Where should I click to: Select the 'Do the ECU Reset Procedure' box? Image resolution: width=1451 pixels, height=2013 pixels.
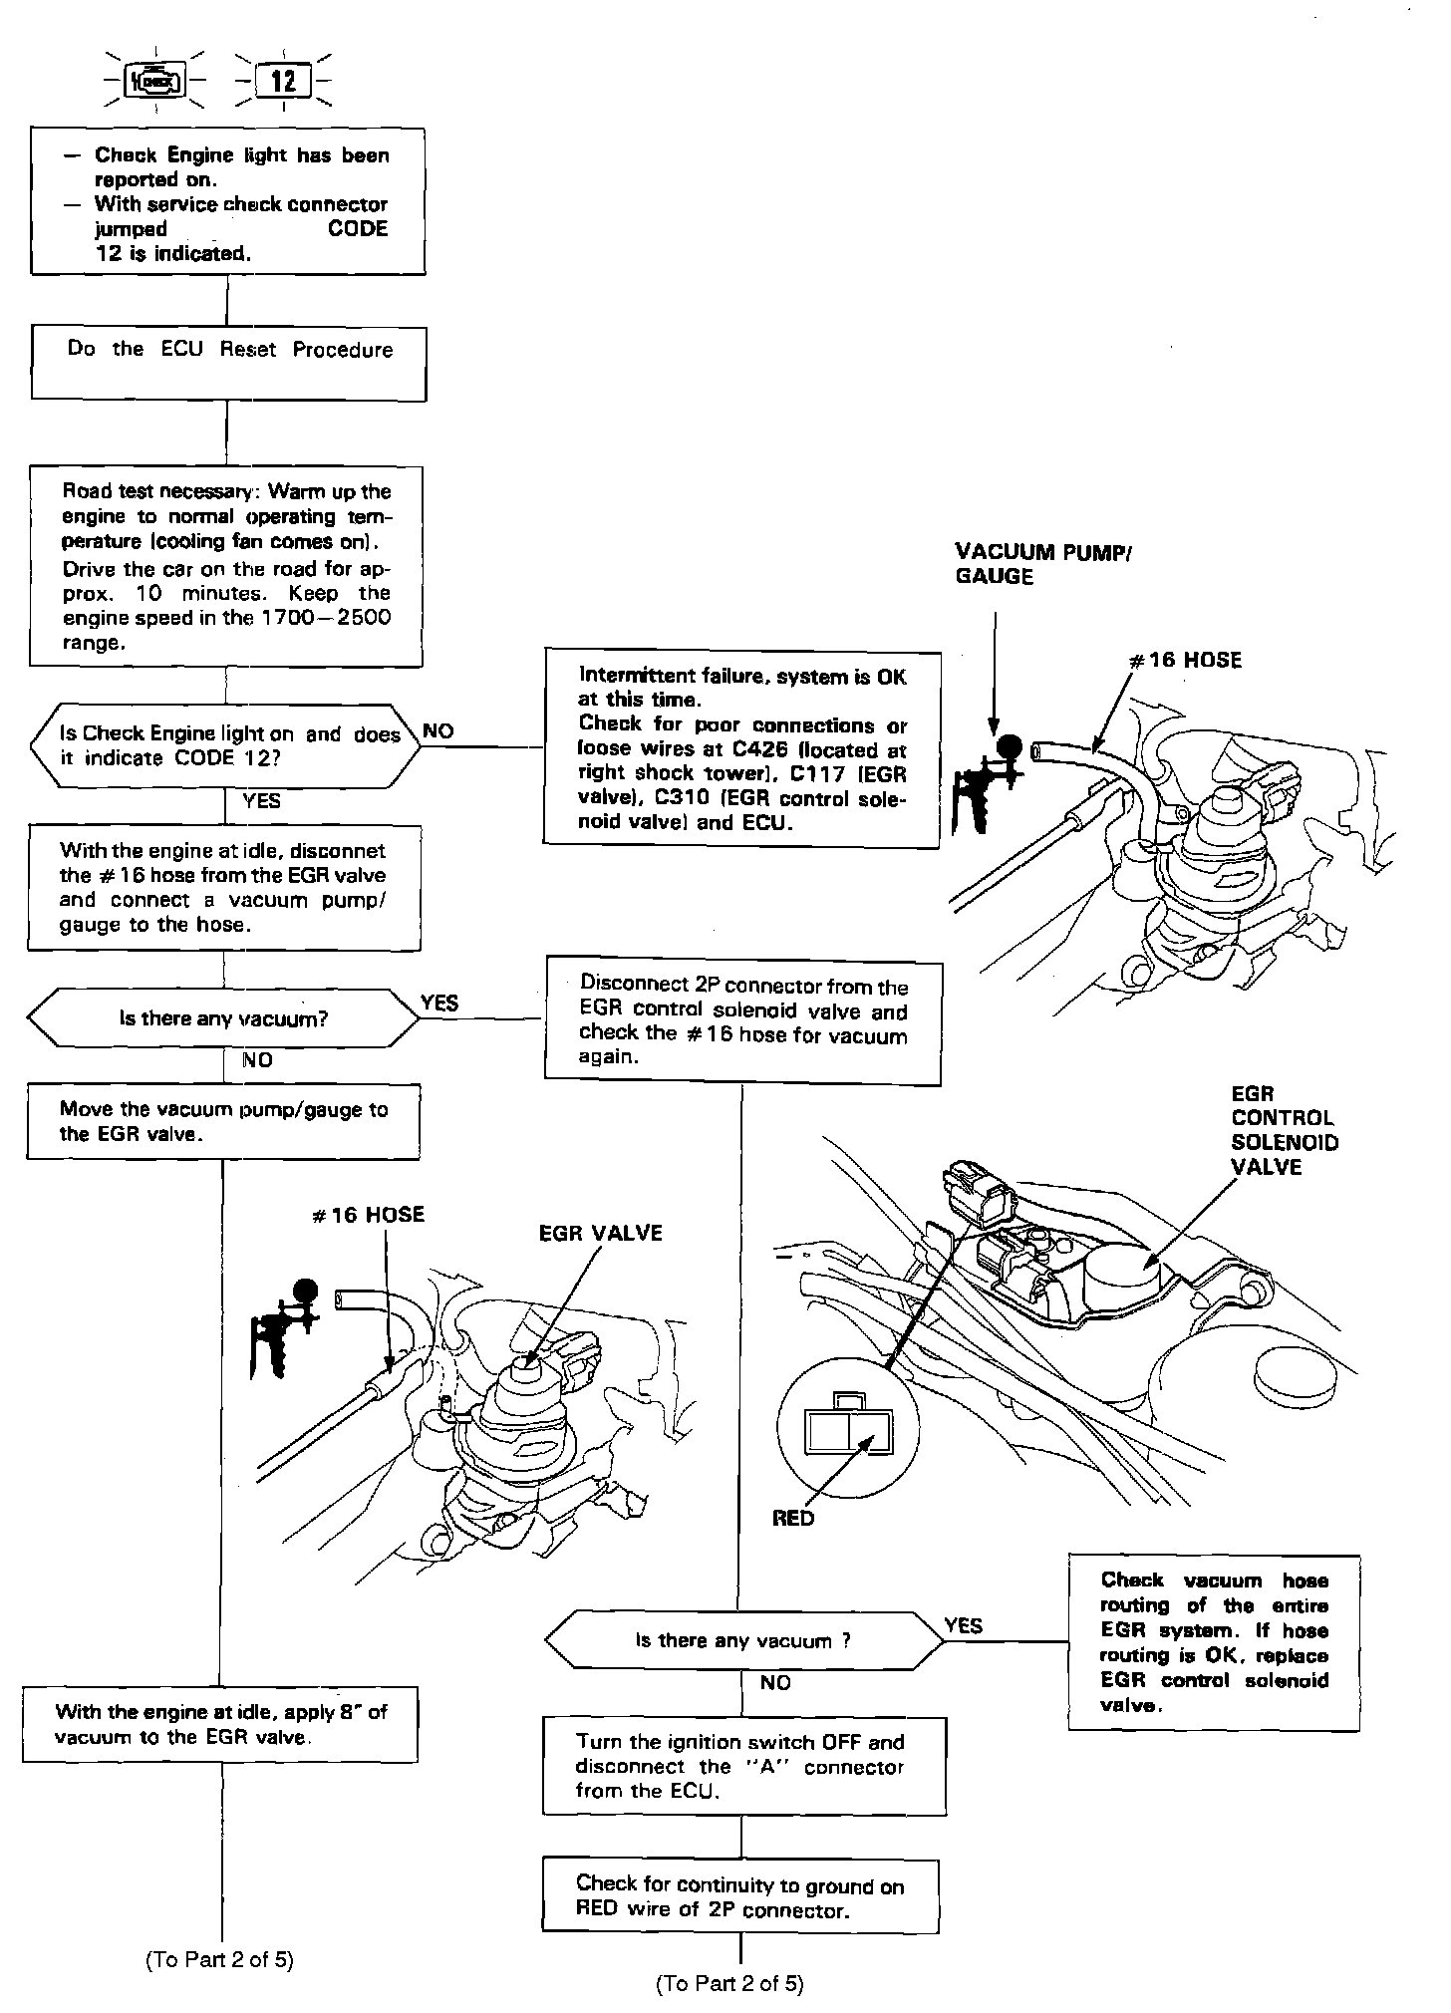tap(228, 364)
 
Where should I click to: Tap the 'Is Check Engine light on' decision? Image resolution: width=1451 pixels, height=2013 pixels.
tap(227, 746)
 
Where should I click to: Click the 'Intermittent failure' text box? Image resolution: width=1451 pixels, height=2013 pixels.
tap(741, 748)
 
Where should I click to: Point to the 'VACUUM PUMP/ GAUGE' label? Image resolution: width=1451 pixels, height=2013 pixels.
tap(1043, 564)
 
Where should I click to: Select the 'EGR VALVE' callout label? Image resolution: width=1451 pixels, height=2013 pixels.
tap(600, 1234)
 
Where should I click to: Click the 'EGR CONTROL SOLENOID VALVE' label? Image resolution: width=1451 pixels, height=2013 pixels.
tap(1284, 1130)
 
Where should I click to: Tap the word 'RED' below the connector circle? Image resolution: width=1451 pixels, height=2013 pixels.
tap(793, 1519)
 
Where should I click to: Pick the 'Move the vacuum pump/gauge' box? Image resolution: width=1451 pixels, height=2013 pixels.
tap(223, 1122)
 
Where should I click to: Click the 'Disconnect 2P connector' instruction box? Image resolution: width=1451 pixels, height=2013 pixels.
tap(742, 1022)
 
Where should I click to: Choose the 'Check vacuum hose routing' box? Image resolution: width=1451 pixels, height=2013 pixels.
tap(1214, 1641)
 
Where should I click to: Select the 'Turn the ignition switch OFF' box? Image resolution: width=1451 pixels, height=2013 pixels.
tap(743, 1765)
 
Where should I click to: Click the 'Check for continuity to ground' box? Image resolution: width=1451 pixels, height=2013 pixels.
tap(740, 1896)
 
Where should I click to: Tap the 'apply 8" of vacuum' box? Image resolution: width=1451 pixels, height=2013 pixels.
tap(220, 1724)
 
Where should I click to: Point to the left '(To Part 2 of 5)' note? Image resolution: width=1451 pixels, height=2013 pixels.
tap(219, 1959)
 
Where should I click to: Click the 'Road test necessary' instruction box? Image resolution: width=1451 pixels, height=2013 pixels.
tap(226, 566)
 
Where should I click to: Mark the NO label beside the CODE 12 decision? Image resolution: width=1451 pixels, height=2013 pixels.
tap(437, 731)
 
